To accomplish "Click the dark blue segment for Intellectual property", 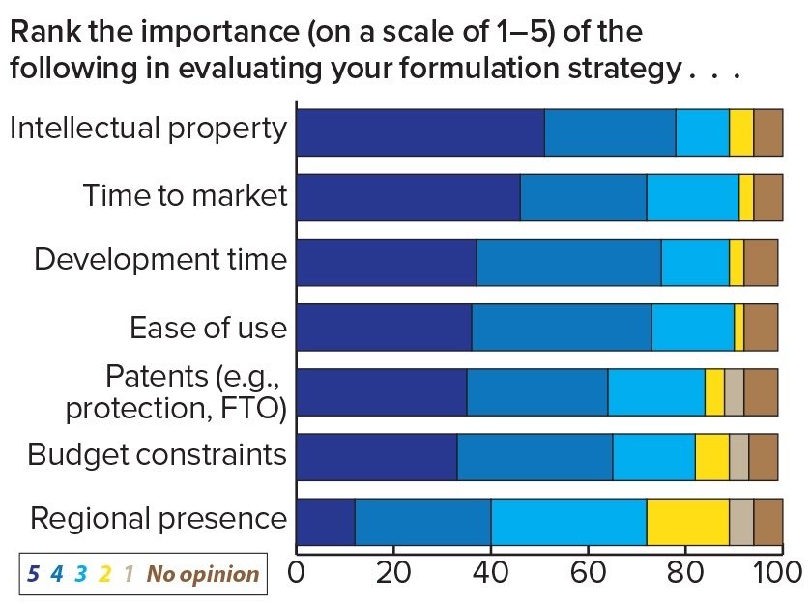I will point(419,132).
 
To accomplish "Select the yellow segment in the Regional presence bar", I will point(687,522).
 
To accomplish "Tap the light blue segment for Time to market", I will point(692,197).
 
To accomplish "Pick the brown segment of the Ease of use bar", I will point(761,327).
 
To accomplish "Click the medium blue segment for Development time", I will point(568,262).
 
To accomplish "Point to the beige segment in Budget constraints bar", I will point(738,457).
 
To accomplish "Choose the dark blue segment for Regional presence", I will point(325,522).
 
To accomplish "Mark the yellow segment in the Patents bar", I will point(714,391).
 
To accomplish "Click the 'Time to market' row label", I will point(185,196).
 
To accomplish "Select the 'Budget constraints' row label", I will point(157,454).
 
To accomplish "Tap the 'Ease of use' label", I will point(208,327).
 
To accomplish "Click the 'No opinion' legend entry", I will point(203,574).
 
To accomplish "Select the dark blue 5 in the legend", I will point(33,574).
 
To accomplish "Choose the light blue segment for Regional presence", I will point(568,522).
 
